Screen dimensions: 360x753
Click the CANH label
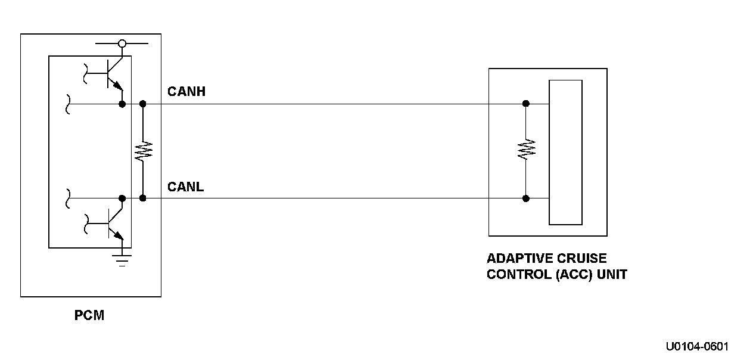(186, 92)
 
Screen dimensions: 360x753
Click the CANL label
(185, 187)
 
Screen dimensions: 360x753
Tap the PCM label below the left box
(89, 316)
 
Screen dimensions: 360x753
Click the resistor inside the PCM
(142, 151)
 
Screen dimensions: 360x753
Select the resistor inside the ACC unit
(525, 149)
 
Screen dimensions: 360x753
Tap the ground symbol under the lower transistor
(122, 259)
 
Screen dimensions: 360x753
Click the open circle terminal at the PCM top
(122, 44)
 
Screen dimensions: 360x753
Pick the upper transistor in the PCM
(111, 74)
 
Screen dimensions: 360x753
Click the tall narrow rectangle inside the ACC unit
(565, 153)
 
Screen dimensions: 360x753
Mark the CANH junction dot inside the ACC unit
(525, 104)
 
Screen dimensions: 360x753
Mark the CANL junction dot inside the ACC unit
(525, 198)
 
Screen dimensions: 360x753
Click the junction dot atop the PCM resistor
(142, 104)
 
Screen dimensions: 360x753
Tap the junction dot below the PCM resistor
(142, 198)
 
